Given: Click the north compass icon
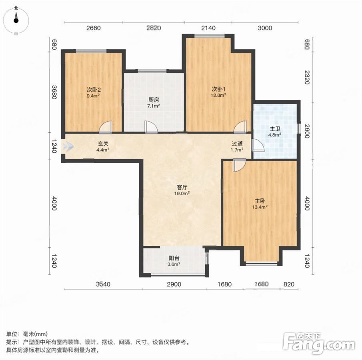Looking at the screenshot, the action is click(16, 20).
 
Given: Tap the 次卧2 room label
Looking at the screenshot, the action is click(94, 90).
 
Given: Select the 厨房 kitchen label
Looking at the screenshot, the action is click(154, 100).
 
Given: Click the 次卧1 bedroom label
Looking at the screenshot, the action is click(219, 89).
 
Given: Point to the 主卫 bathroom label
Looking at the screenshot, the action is click(275, 129).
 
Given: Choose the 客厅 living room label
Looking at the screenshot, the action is click(182, 187).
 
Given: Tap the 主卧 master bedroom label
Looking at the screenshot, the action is click(260, 201).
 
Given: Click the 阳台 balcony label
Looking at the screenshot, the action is click(174, 258).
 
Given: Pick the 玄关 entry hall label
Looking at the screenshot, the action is click(103, 144).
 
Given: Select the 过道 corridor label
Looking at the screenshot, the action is click(237, 144).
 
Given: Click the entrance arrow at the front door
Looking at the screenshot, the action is click(68, 146).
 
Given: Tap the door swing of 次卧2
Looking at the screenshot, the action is click(106, 127).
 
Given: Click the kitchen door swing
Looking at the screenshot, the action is click(151, 127).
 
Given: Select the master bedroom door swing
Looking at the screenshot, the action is click(240, 165).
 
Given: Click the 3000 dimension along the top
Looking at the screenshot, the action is click(265, 28).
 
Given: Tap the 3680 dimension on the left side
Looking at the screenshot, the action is click(54, 92).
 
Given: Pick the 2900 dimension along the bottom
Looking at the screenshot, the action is click(174, 284).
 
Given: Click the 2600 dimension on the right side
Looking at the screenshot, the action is click(306, 131).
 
